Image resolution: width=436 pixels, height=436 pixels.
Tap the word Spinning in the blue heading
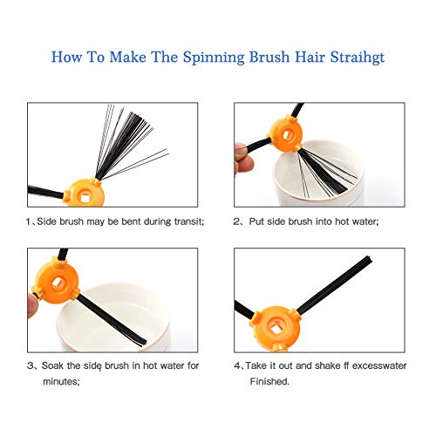(214, 58)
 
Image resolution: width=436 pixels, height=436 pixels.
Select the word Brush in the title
(269, 57)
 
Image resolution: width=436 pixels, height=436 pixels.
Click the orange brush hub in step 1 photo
(85, 193)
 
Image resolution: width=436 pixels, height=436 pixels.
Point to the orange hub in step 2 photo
(285, 133)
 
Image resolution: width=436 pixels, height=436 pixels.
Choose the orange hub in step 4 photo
(276, 328)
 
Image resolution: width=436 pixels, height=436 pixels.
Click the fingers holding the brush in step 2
(243, 159)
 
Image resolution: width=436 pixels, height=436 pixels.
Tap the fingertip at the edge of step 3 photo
(32, 305)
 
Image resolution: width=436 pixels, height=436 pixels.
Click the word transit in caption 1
(189, 221)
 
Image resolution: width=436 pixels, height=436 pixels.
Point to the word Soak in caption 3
(52, 365)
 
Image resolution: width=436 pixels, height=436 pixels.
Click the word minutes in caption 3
(61, 381)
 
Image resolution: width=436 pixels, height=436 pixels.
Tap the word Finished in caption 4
(269, 381)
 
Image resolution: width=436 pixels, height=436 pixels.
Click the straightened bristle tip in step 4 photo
(368, 259)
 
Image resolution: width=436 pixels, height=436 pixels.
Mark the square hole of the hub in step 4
(275, 328)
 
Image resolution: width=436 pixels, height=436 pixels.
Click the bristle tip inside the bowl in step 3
(143, 343)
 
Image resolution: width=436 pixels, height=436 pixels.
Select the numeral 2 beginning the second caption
(235, 221)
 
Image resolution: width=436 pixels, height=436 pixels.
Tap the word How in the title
(66, 57)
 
